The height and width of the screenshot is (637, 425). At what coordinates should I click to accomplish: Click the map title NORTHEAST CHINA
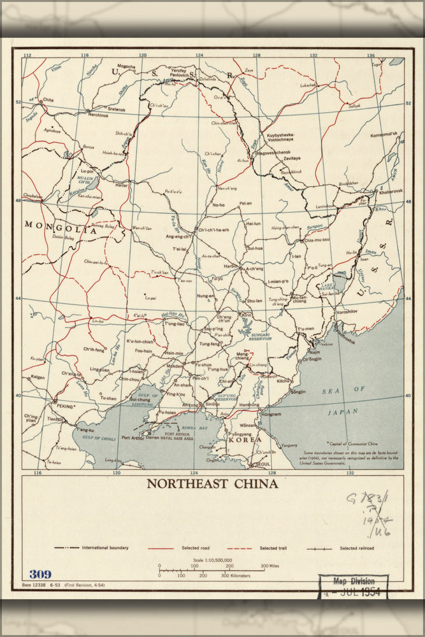point(212,483)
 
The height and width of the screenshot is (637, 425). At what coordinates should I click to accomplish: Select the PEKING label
point(65,405)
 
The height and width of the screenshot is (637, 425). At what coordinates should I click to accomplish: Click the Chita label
point(48,100)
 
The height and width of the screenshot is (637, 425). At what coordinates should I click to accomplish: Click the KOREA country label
point(245,440)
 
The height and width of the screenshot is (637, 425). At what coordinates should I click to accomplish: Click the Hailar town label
point(121,185)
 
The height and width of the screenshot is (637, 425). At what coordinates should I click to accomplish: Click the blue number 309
point(40,574)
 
